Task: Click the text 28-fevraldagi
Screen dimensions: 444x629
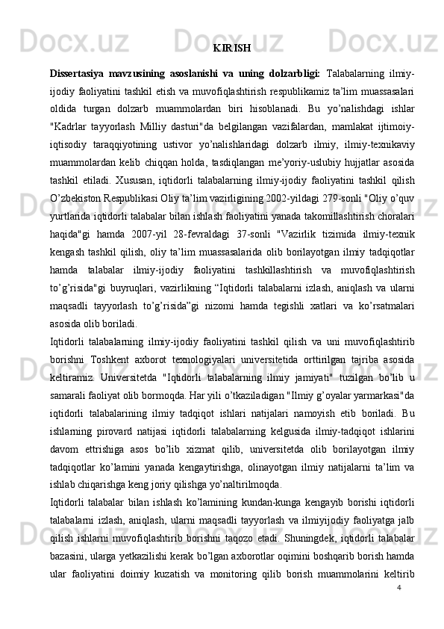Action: (x=243, y=237)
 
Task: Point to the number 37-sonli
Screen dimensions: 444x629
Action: (x=296, y=237)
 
